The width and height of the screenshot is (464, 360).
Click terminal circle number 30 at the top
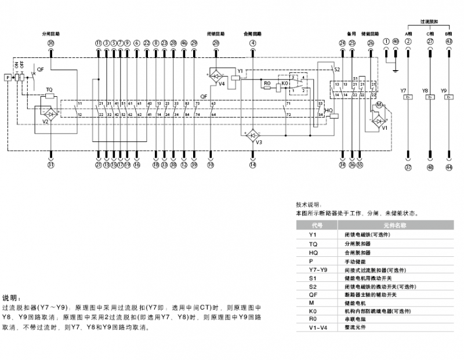50,43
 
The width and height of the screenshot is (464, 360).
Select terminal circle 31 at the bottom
50,165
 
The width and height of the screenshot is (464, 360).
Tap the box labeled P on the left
7,77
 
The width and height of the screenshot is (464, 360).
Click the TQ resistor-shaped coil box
50,96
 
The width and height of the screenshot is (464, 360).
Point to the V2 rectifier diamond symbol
50,115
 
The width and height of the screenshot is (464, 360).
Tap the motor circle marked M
379,105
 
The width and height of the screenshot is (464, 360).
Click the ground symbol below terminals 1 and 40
394,70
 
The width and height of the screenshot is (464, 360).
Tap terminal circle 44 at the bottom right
448,168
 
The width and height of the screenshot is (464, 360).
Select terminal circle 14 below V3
252,165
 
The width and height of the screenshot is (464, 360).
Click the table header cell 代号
317,224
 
